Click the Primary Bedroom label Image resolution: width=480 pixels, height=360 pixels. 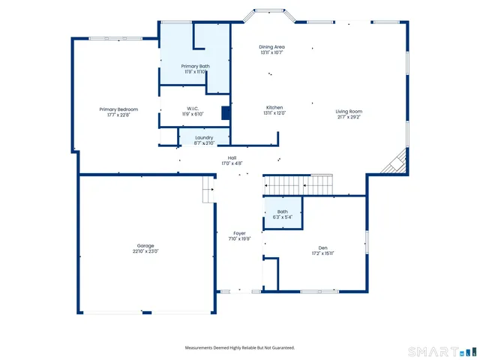coord(118,109)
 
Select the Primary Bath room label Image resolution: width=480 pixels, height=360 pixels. coord(195,66)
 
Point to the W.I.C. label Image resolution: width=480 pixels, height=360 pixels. coord(195,109)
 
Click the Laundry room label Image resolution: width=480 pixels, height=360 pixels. coord(204,137)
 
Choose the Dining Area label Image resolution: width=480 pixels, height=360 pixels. coord(271,46)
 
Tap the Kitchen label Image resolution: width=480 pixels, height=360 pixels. coord(274,107)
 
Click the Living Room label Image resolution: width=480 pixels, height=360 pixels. coord(349,112)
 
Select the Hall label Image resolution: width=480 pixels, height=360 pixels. coord(232,157)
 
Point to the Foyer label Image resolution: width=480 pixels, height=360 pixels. coord(239,233)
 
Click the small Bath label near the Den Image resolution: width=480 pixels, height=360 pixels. coord(282,211)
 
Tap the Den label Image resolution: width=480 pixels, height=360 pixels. coord(322,247)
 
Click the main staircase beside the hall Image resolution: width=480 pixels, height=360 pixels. coord(299,185)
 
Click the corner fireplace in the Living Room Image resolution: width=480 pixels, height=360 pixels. coord(395,163)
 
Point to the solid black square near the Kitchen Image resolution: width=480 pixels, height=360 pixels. coord(226,113)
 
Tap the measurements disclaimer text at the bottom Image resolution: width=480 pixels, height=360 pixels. coord(240,348)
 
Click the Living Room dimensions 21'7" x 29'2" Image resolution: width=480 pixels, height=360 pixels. coord(349,117)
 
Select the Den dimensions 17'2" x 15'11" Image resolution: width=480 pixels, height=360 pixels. coord(322,253)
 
